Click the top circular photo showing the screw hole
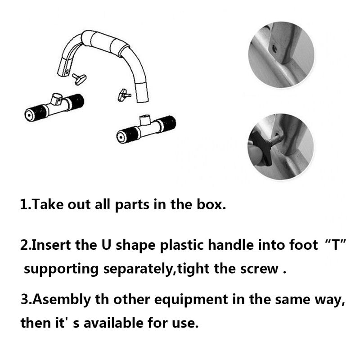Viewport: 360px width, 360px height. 280,55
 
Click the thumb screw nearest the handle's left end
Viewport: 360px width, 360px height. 79,79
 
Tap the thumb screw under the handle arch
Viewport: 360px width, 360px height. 123,94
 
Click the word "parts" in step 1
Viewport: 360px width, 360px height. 130,206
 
